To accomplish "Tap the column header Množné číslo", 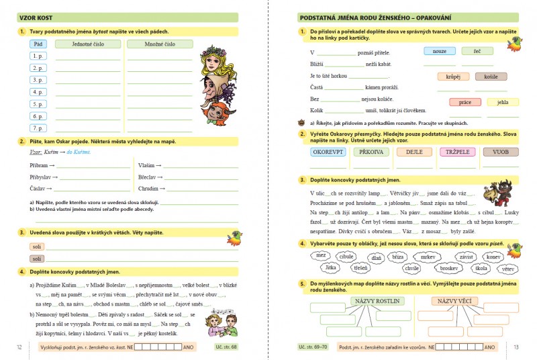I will [x=159, y=44].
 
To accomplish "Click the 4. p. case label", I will [x=38, y=92].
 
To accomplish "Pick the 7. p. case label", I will [x=38, y=128].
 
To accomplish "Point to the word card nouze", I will [x=440, y=51].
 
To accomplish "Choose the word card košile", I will [x=491, y=77].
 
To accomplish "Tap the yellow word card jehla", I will [x=503, y=102].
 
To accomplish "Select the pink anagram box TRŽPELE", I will [x=458, y=152].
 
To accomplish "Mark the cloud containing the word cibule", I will [x=346, y=256].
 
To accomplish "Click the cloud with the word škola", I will [x=480, y=267].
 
